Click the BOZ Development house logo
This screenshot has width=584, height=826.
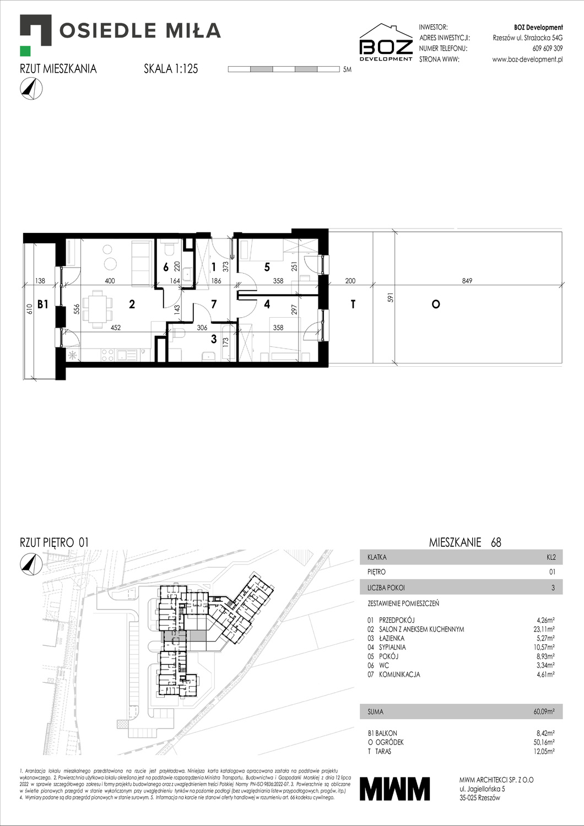point(386,42)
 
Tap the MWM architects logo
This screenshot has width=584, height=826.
point(394,789)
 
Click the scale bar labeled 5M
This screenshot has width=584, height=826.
point(283,69)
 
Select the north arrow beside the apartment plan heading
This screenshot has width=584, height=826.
point(31,89)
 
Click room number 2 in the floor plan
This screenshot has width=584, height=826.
point(132,304)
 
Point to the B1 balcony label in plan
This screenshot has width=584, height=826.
point(43,304)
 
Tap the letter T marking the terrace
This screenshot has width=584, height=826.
point(353,304)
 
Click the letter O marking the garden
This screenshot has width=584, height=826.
point(436,304)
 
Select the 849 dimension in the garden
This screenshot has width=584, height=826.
point(467,281)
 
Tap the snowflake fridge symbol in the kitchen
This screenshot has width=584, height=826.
point(72,355)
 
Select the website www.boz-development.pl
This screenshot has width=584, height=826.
point(527,59)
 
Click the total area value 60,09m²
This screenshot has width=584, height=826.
point(544,711)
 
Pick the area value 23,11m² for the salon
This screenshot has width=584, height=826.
point(543,629)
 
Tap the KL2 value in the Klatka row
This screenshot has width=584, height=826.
point(551,557)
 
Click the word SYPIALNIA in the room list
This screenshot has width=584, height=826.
point(392,647)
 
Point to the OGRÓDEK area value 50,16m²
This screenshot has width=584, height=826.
point(543,742)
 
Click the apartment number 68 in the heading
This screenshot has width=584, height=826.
point(496,542)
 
